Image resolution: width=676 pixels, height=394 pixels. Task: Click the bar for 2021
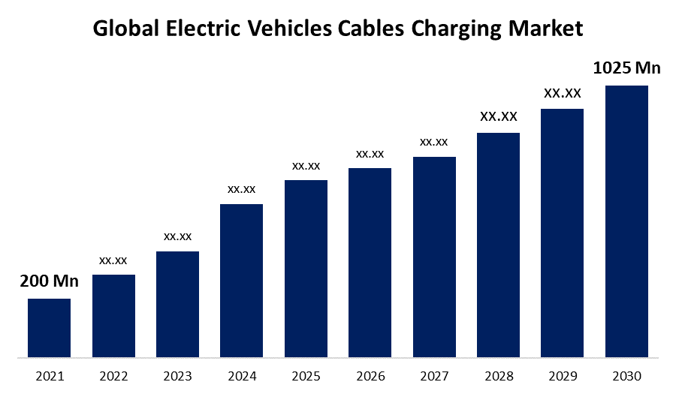(49, 327)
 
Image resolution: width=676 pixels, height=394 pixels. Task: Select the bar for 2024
(241, 280)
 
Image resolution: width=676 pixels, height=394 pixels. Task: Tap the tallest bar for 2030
(626, 221)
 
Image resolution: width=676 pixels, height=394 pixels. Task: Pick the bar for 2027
(434, 256)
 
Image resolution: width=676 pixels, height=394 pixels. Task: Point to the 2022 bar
(113, 315)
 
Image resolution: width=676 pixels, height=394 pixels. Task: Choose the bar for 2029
(562, 233)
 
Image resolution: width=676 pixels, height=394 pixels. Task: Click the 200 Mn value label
(49, 281)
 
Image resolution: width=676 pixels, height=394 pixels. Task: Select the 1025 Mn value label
(626, 68)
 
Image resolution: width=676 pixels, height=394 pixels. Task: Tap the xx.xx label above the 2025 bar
(306, 165)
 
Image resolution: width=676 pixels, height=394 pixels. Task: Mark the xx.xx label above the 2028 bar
(499, 116)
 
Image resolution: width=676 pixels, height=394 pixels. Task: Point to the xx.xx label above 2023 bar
(177, 236)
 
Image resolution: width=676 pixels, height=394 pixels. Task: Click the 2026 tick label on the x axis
(370, 375)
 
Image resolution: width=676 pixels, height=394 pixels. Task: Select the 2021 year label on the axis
(49, 375)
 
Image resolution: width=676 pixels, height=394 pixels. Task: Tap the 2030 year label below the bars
(626, 375)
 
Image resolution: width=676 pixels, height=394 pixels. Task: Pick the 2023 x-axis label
(177, 375)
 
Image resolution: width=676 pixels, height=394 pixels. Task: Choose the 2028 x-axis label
(499, 375)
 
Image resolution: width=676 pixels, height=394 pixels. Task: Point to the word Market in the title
(546, 29)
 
